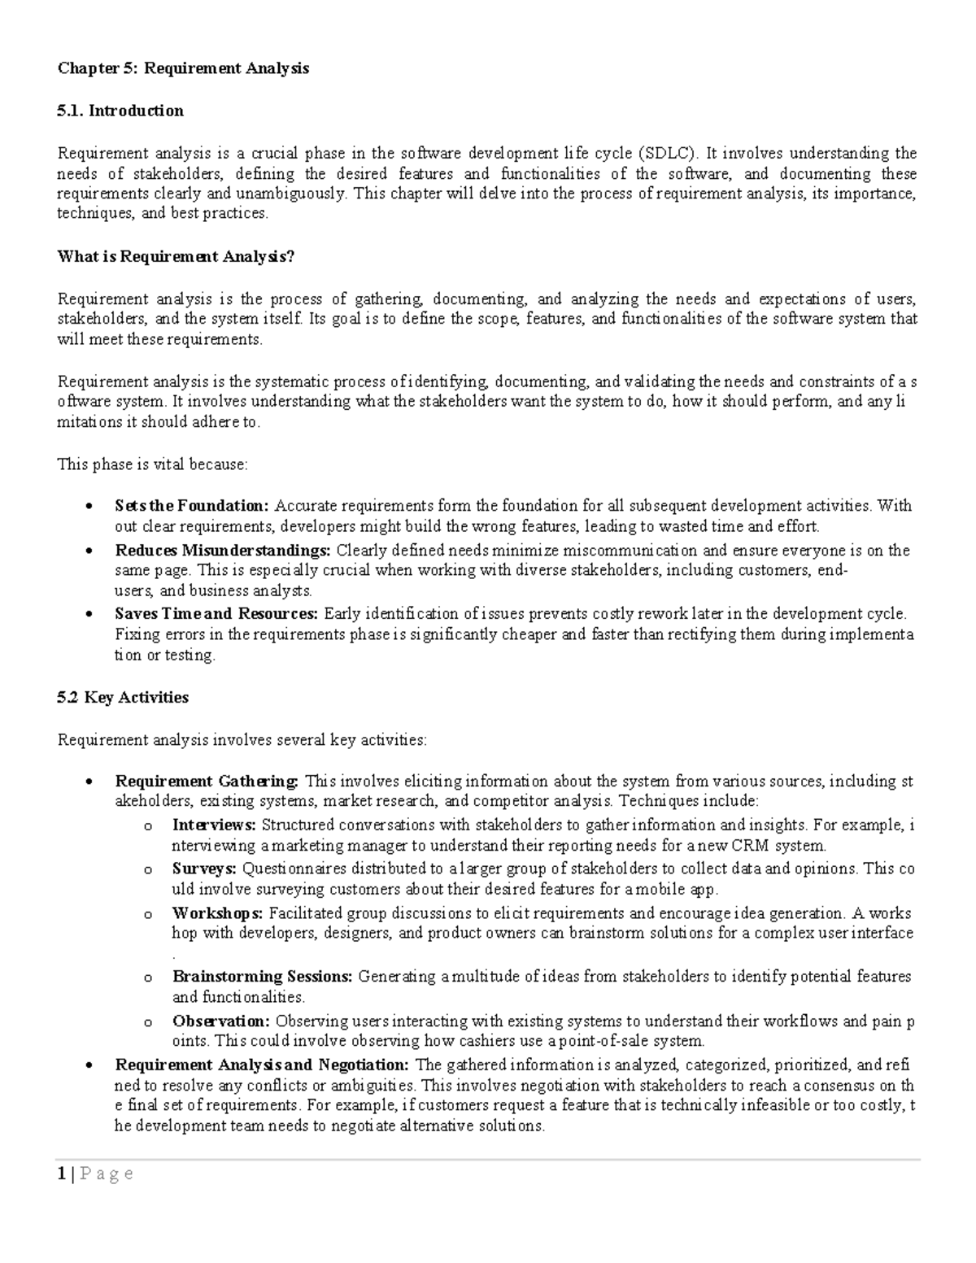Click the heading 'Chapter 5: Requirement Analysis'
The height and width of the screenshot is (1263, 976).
(183, 68)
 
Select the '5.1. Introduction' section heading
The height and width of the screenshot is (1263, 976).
(120, 111)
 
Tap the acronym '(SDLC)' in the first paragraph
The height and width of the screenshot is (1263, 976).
(667, 153)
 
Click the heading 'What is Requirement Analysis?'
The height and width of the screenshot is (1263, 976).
(176, 257)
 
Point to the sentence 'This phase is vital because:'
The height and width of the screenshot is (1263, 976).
(152, 464)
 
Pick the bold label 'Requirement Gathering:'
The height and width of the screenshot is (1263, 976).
(207, 782)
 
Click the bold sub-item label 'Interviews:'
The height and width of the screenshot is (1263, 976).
(214, 825)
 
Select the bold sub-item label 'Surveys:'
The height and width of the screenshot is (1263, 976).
(204, 869)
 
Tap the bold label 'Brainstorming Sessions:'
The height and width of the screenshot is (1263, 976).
(263, 977)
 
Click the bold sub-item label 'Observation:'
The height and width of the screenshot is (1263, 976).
(221, 1021)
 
